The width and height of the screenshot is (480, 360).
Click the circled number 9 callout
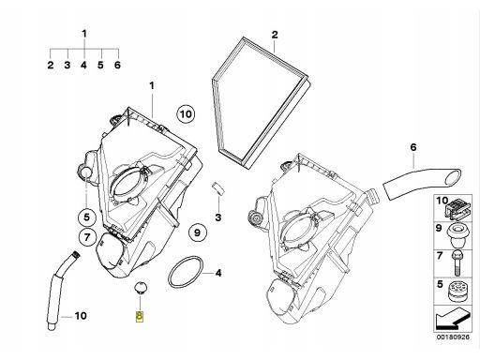[196, 232]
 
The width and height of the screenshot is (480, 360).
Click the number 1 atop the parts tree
[84, 34]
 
